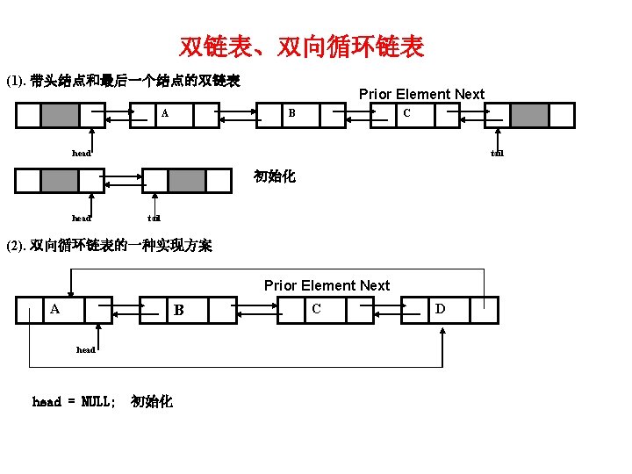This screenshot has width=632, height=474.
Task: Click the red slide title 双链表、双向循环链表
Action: (302, 47)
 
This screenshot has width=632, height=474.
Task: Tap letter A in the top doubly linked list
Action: (164, 113)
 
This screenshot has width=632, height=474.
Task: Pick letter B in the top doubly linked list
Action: (292, 113)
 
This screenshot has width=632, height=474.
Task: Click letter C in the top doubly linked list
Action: (406, 113)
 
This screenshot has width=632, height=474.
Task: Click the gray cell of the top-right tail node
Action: (529, 115)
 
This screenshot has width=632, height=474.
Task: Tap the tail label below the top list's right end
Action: (498, 154)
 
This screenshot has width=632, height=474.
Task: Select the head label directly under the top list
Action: (82, 153)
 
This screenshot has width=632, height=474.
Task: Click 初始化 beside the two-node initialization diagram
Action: (275, 176)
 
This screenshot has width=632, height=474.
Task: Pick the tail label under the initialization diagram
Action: (154, 218)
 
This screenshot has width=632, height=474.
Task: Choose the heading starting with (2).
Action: (109, 245)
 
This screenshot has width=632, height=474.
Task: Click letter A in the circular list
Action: (54, 309)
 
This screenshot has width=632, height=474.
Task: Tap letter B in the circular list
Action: (178, 310)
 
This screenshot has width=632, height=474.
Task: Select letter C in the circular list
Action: (316, 309)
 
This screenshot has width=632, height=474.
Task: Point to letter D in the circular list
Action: (440, 309)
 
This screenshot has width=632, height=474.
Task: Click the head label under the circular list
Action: (86, 349)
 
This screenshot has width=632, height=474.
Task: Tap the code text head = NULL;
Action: (74, 402)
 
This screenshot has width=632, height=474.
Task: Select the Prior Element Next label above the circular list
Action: (327, 285)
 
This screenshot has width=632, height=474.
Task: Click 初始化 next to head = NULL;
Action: (152, 402)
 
